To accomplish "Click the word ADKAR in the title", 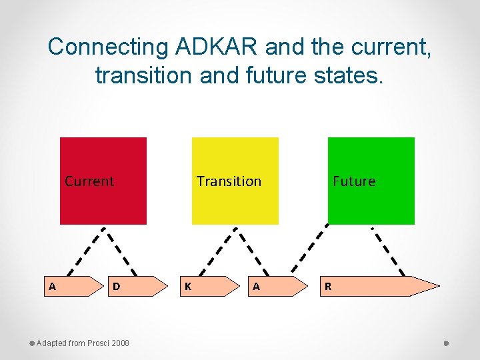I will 216,47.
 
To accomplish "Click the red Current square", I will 103,203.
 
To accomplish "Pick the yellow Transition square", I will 235,203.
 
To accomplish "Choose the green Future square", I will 371,203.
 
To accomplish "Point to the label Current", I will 89,181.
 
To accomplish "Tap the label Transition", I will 229,181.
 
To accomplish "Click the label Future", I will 354,181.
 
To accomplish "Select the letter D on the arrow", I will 116,287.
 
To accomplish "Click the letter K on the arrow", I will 188,287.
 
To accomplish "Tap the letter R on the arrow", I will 327,287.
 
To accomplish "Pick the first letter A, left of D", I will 52,287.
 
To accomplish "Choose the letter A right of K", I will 256,287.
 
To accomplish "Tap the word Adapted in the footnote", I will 51,343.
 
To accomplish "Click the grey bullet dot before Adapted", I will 31,343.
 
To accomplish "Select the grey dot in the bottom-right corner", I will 446,343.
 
